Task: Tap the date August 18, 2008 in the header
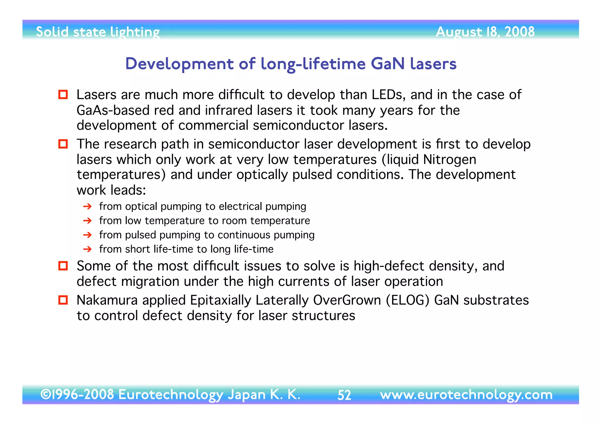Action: coord(485,32)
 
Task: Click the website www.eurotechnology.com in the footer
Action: coord(466,395)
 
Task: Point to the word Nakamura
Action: coord(107,300)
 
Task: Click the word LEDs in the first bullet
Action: coord(389,95)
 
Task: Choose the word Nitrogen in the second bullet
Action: coord(450,160)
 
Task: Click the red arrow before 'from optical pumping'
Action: coord(87,207)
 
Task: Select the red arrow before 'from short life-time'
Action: coord(87,249)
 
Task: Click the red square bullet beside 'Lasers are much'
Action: coord(63,95)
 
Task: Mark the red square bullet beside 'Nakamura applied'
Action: coord(63,300)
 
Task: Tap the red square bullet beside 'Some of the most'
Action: coord(63,266)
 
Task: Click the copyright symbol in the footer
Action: coord(45,394)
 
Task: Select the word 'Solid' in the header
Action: coord(52,32)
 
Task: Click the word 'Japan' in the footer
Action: coord(247,395)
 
